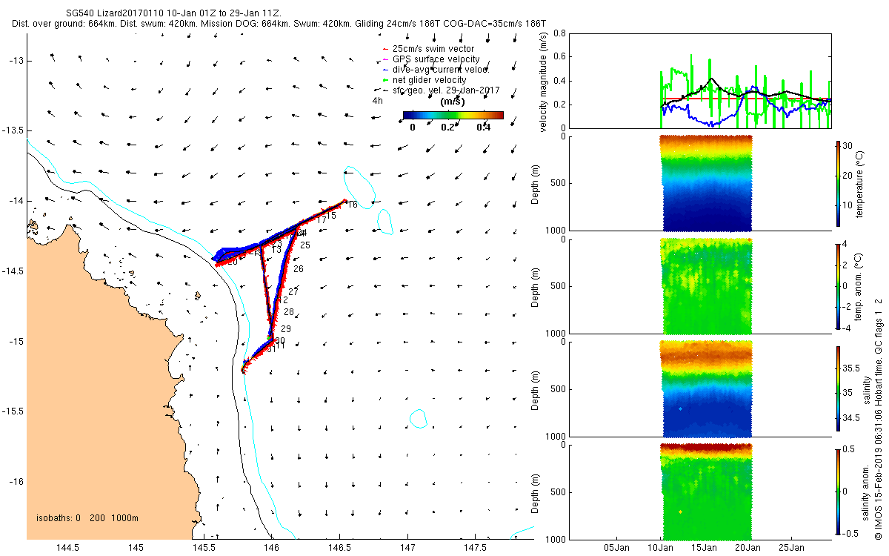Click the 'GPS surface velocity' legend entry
(436, 59)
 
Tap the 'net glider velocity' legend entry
(429, 80)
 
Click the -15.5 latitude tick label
(14, 411)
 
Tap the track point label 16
(352, 205)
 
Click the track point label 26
(298, 268)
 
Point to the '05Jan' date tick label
(617, 548)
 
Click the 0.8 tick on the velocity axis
(559, 33)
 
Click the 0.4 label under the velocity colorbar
(483, 127)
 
